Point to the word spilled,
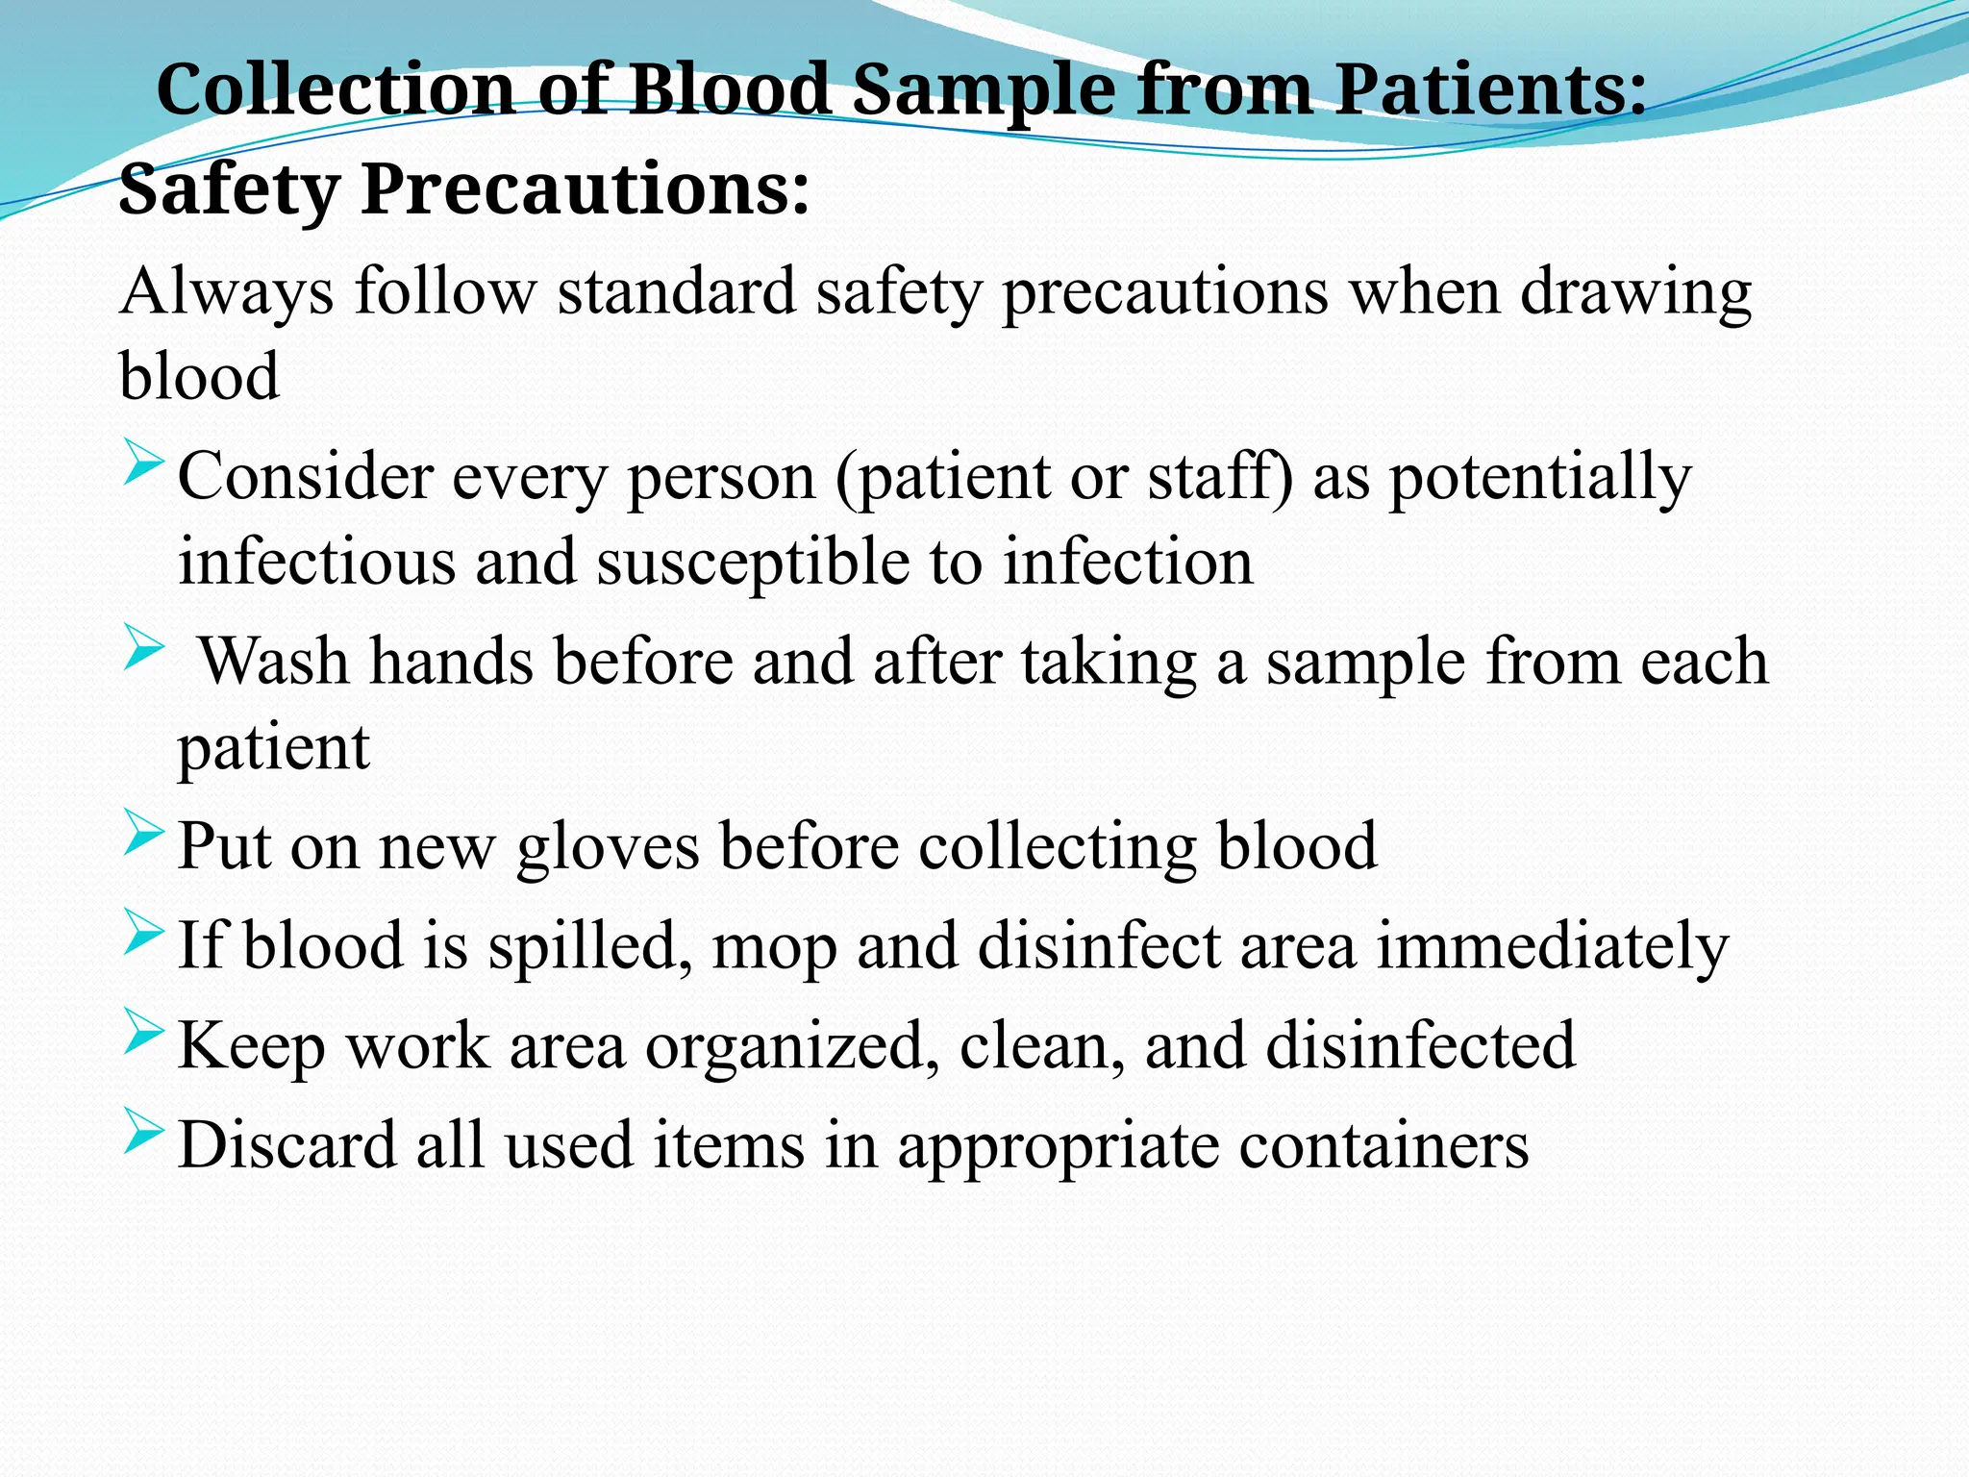click(589, 946)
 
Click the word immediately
click(1553, 946)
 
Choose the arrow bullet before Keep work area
click(144, 1035)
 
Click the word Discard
click(287, 1145)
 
